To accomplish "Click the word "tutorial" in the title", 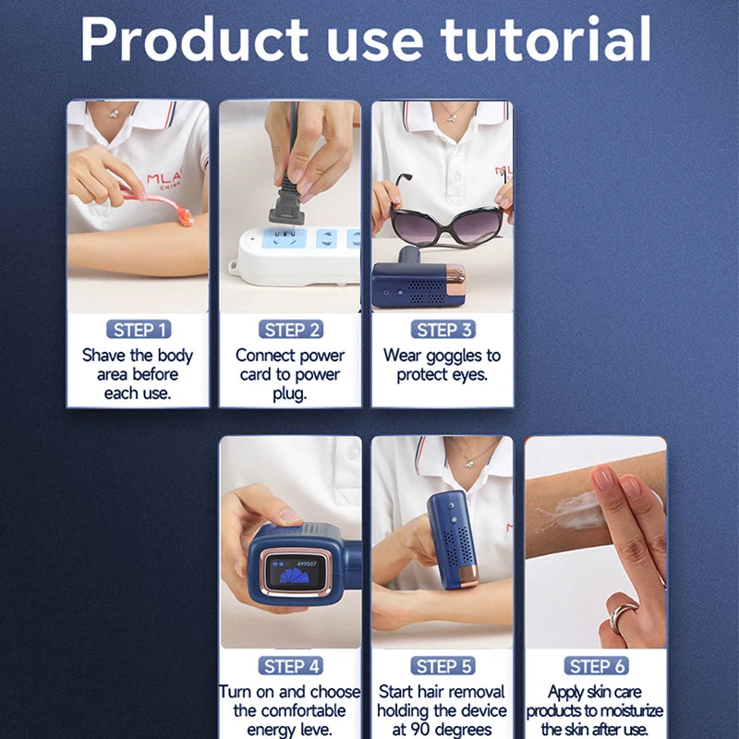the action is (545, 39).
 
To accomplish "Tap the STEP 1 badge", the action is (139, 330).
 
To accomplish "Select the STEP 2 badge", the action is (291, 330).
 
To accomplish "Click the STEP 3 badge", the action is (443, 330).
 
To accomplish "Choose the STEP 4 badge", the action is (291, 665).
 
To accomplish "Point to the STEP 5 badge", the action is (443, 665).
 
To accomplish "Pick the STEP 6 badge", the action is (596, 665).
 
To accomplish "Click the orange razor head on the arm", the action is (186, 216).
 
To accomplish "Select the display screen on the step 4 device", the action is (295, 572).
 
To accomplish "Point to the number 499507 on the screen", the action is (307, 563).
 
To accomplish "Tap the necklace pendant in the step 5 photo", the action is (469, 464).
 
